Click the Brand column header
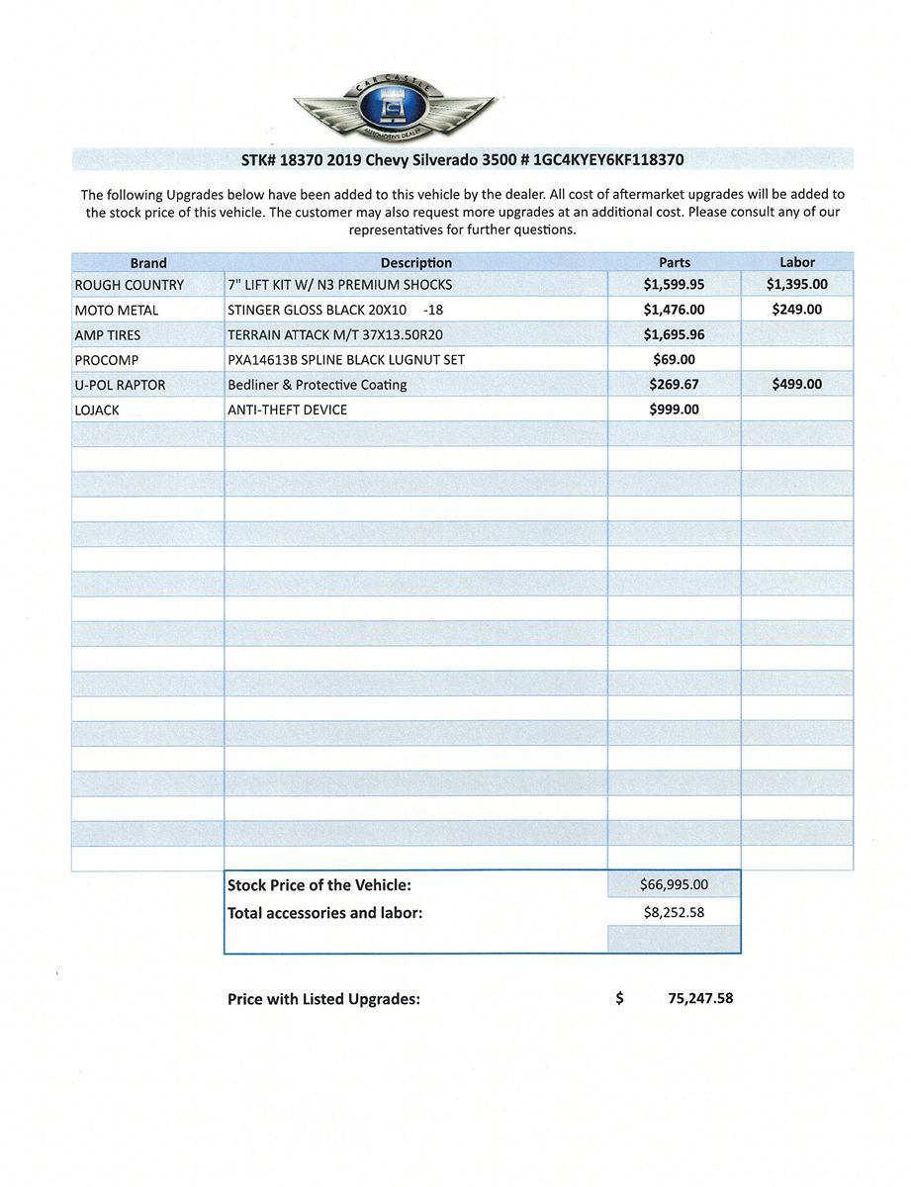148,263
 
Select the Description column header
415,263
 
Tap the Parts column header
675,263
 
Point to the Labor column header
797,262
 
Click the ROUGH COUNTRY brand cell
130,285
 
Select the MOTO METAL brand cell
117,311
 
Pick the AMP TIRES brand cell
108,335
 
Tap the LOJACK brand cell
97,410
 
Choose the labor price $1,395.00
797,285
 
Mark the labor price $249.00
797,310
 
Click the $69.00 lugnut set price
675,360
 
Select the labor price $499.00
797,385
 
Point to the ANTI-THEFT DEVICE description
288,410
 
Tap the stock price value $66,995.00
675,885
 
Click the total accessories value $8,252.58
675,913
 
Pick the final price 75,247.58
700,999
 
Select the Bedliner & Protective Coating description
318,385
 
